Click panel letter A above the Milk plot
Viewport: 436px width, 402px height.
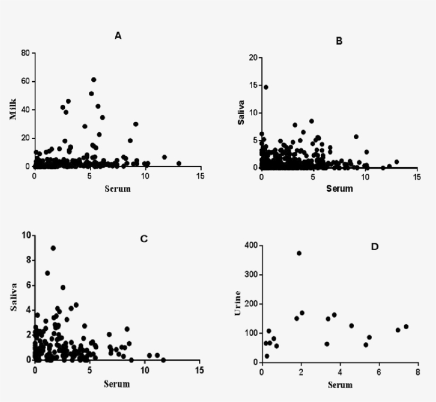(118, 36)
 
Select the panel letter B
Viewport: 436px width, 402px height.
(339, 41)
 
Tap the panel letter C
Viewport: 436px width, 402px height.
(144, 239)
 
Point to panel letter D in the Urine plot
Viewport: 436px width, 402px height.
(374, 247)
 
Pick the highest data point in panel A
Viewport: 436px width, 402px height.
(94, 80)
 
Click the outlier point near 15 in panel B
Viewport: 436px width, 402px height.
(266, 87)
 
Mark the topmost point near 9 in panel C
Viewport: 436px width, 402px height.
(53, 248)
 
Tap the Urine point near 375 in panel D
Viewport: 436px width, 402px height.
(299, 253)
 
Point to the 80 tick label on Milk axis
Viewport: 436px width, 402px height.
(25, 53)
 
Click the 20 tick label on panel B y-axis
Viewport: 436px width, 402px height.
(253, 57)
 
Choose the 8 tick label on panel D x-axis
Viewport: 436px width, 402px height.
(417, 372)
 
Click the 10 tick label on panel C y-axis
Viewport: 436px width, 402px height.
(25, 235)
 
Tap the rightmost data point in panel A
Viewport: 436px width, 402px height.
(179, 163)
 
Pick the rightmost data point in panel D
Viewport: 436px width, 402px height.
(406, 327)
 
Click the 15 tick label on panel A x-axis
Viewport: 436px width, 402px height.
(200, 176)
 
